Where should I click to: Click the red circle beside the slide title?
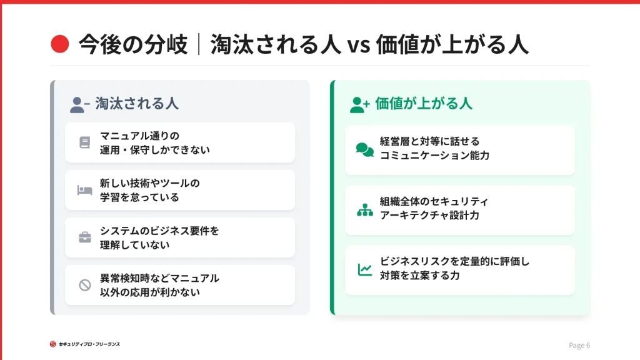59,44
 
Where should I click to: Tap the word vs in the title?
359,45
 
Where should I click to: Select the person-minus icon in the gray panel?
79,104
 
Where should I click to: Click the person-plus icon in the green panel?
359,104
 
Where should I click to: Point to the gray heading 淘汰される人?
137,104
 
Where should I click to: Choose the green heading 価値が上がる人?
423,104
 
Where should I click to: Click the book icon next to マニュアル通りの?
85,142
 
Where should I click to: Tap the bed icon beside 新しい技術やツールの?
85,190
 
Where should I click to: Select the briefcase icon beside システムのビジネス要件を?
85,237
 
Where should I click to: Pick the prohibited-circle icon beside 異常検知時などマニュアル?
85,285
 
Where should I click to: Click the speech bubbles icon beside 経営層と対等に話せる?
365,150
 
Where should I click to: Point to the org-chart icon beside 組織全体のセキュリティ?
365,210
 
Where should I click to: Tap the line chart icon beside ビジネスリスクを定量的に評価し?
365,270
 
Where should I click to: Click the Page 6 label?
579,345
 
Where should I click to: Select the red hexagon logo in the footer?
52,344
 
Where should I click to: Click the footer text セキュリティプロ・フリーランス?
89,344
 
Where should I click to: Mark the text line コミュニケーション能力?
434,156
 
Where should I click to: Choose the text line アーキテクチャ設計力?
429,216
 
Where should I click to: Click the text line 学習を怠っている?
139,197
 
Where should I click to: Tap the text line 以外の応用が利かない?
150,292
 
